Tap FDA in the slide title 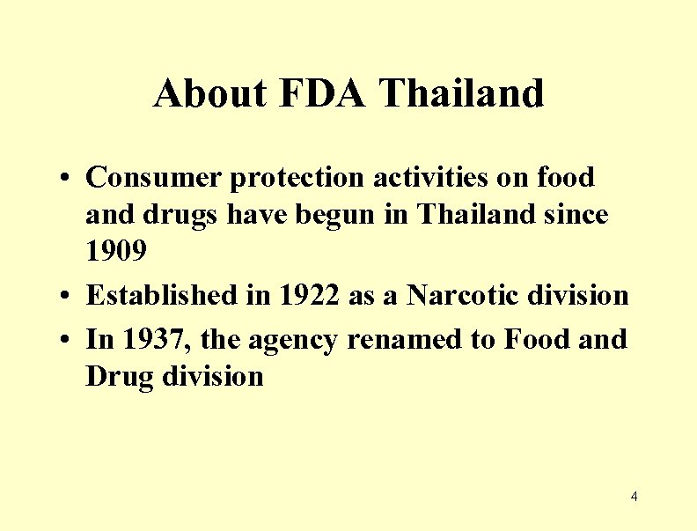322,93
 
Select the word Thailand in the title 462,93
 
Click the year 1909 116,252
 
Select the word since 576,214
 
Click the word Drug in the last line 117,377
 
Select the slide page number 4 634,498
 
